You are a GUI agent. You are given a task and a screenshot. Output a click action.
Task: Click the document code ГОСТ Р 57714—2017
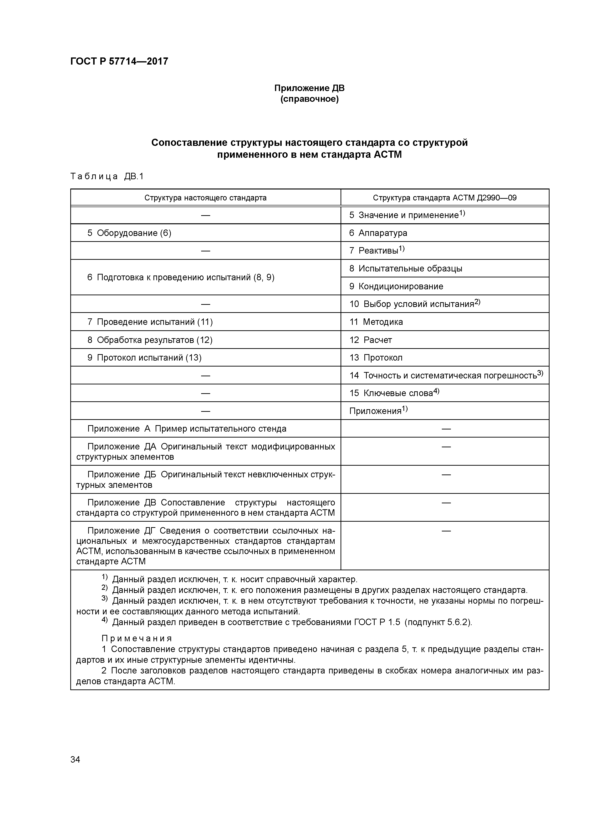(x=119, y=61)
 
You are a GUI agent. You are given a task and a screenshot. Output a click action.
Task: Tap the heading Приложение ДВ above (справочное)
(x=309, y=88)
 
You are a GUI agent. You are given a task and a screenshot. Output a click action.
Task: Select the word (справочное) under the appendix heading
(x=309, y=99)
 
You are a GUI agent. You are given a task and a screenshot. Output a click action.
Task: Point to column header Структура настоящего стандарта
(x=205, y=198)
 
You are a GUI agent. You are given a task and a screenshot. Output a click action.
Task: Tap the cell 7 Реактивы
(x=377, y=250)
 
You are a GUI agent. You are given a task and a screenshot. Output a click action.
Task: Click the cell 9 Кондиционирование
(x=396, y=286)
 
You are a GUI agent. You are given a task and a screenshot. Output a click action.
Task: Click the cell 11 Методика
(x=376, y=322)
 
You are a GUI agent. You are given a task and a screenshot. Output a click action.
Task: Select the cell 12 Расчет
(x=371, y=340)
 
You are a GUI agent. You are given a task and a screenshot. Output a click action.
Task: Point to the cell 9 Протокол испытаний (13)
(x=144, y=357)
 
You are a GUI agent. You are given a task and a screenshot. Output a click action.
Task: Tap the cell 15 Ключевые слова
(x=394, y=393)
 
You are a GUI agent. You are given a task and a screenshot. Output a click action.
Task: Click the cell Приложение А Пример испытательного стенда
(x=187, y=428)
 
